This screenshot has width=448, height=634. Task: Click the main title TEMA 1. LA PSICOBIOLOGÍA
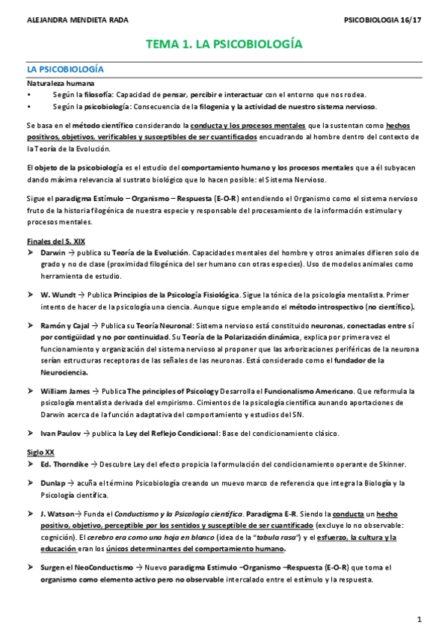click(x=224, y=44)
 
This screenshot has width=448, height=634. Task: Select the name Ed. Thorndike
click(x=65, y=463)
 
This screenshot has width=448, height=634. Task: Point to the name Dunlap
click(x=53, y=483)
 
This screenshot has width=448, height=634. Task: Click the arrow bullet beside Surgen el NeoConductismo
click(x=31, y=568)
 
